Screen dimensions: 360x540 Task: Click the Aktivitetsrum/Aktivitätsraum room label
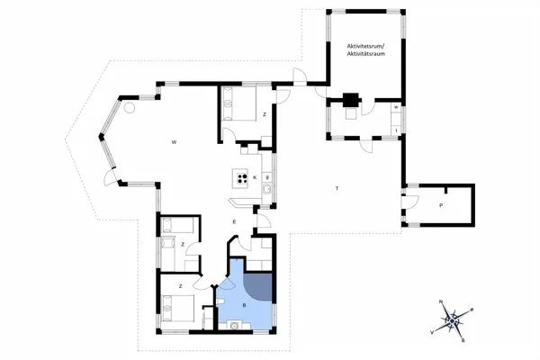point(364,49)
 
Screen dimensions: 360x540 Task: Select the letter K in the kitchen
point(256,177)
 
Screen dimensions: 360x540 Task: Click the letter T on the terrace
point(336,188)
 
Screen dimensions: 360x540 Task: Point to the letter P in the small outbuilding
point(440,206)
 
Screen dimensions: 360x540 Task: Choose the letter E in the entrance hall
point(233,221)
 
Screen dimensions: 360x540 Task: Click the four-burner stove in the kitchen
point(240,177)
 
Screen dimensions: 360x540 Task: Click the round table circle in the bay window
point(130,108)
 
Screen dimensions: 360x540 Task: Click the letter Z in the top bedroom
point(265,115)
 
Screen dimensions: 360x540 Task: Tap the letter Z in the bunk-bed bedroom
point(183,244)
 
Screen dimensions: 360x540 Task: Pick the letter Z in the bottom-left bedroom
point(181,285)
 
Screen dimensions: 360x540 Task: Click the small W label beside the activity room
point(395,108)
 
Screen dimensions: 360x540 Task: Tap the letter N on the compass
point(440,301)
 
